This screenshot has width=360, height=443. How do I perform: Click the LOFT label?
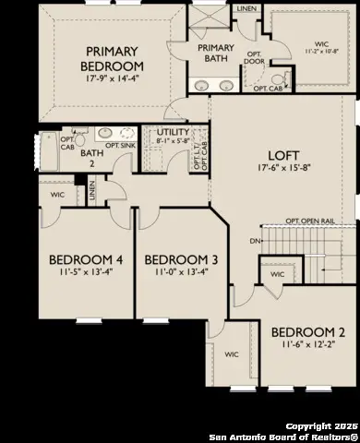point(282,156)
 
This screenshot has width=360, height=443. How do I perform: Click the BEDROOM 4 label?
point(78,258)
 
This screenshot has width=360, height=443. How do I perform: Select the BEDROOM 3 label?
point(181,258)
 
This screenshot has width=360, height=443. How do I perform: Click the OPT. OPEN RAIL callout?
point(309,221)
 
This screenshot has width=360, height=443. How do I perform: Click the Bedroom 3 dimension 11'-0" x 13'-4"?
point(181,273)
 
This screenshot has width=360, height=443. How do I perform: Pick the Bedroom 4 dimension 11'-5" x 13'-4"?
point(78,273)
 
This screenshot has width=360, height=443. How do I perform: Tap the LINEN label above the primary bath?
point(246,9)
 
